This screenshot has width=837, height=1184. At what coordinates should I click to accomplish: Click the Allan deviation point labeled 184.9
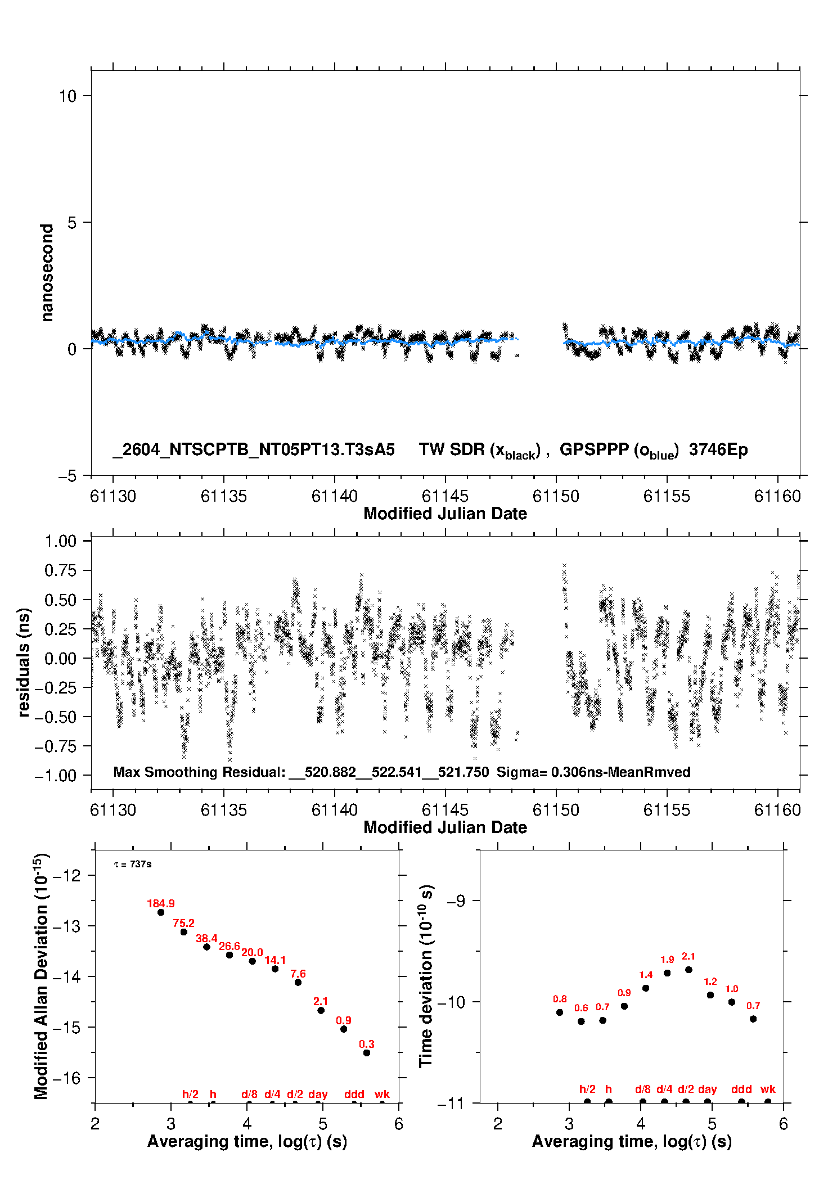[x=161, y=912]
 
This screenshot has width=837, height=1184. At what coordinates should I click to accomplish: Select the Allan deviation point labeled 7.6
[x=298, y=982]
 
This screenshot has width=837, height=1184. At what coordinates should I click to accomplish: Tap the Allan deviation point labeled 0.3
[x=367, y=1052]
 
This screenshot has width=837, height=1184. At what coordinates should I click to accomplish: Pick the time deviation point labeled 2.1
[x=688, y=969]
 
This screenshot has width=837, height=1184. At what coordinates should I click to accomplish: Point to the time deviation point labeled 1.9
[x=667, y=973]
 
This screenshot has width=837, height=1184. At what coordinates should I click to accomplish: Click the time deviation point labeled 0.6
[x=581, y=1021]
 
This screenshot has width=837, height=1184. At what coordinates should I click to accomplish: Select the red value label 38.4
[x=206, y=938]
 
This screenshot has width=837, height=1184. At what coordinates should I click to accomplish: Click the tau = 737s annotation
[x=133, y=864]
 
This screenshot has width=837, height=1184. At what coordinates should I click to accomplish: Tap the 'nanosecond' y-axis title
[x=47, y=273]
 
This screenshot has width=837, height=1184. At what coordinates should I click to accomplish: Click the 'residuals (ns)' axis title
[x=24, y=662]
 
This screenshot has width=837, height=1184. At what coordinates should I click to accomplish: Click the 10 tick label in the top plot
[x=67, y=96]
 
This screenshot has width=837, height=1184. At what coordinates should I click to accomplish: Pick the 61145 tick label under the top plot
[x=445, y=496]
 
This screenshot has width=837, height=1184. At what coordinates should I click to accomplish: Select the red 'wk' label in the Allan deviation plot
[x=382, y=1094]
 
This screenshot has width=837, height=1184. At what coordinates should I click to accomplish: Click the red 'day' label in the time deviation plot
[x=707, y=1089]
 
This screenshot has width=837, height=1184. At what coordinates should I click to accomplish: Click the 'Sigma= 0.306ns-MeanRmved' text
[x=593, y=772]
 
